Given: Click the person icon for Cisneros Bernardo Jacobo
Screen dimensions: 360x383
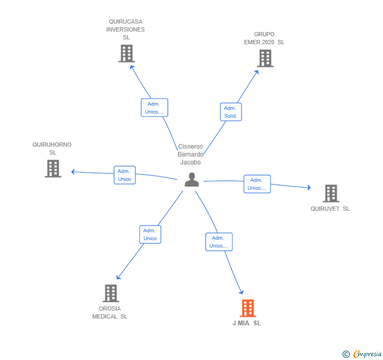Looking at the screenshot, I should tap(192, 180).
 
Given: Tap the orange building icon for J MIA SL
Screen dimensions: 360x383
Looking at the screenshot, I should tap(248, 308).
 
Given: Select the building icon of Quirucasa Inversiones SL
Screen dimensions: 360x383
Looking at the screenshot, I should tap(126, 54).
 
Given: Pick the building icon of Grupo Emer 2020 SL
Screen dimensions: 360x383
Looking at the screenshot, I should tap(265, 58).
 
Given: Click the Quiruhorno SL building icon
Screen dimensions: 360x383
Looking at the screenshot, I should tap(53, 169).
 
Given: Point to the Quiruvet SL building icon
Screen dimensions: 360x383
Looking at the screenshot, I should tap(330, 193).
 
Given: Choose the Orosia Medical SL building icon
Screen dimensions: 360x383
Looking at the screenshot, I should tap(110, 293).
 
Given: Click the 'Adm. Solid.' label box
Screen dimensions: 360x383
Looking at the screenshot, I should tap(230, 112).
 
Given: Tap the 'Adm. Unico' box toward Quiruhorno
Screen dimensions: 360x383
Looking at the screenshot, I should tap(125, 175).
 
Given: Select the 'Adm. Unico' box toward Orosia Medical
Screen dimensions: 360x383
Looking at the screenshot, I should tap(150, 234).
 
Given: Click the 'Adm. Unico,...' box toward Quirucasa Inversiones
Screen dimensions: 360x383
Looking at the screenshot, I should tap(154, 108).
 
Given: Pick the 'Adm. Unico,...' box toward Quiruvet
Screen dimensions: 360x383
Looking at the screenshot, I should tap(257, 184).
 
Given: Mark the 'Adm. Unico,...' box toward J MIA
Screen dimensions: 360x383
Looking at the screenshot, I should tap(219, 242).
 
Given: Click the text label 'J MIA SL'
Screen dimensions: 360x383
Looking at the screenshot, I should tap(247, 323).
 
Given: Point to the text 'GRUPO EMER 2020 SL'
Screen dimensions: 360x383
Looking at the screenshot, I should tap(264, 38).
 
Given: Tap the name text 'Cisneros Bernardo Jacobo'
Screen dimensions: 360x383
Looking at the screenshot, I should tap(190, 155).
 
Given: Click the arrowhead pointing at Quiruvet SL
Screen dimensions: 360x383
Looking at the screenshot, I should tap(308, 187).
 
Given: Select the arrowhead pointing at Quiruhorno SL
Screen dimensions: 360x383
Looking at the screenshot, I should tap(74, 171).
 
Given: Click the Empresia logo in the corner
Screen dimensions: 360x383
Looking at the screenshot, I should tap(362, 354).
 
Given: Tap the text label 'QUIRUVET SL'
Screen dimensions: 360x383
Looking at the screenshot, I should tap(330, 209).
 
